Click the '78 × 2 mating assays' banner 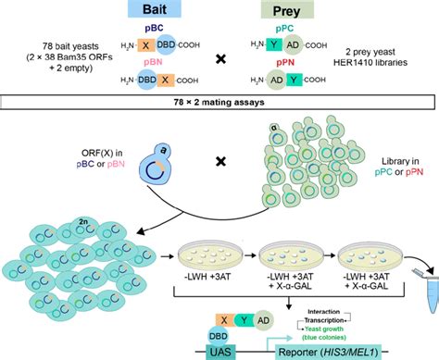point(219,101)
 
